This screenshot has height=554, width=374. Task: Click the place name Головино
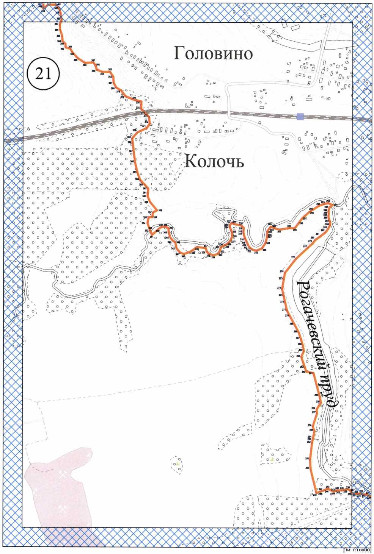(213, 53)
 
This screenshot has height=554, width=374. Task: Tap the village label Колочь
(214, 162)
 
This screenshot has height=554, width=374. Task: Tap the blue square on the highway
(300, 117)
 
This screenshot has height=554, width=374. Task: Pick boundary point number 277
(293, 257)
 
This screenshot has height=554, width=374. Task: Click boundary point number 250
(307, 468)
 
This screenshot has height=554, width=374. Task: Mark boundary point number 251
(307, 459)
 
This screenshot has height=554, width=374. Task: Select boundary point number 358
(160, 211)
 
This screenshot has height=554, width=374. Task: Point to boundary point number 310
(256, 252)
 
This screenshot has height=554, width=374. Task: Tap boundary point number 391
(70, 47)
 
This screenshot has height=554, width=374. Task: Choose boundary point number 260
(316, 395)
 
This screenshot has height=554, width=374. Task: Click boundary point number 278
(305, 246)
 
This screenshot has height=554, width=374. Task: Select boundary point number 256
(310, 425)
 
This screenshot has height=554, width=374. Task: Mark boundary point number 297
(305, 219)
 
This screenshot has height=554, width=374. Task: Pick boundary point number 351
(152, 237)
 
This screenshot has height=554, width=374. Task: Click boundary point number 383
(110, 70)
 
